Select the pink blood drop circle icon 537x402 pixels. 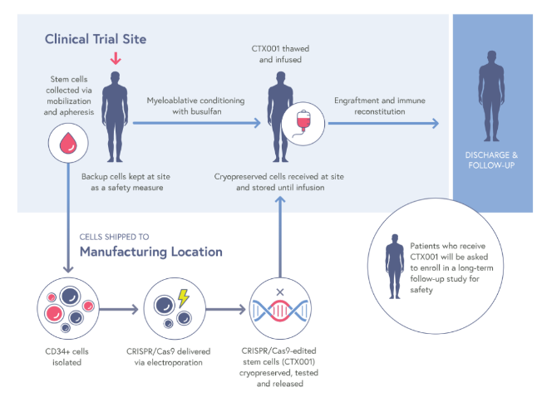64,144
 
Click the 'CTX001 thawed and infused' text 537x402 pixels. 278,56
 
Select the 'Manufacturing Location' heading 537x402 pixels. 150,251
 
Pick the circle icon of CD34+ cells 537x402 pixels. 64,309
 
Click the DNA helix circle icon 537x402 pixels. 280,309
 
